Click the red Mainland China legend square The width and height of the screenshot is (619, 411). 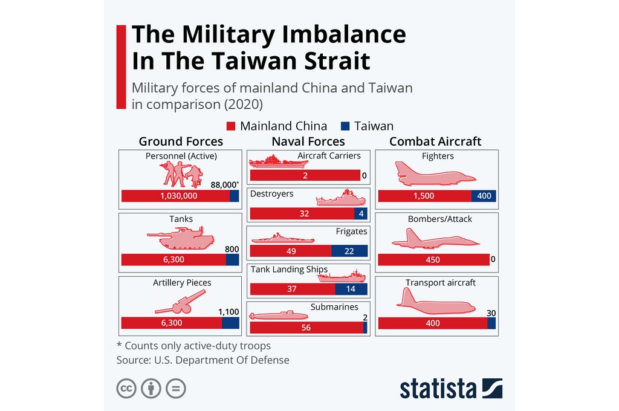230,126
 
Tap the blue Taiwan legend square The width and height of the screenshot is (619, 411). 345,126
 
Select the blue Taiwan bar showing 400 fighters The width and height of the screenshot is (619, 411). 484,196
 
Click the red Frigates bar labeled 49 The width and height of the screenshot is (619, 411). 291,251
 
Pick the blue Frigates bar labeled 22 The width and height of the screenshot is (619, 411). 349,251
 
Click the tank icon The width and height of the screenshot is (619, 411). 181,238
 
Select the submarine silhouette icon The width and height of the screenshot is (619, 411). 279,316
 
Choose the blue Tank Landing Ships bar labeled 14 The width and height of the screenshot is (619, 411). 351,289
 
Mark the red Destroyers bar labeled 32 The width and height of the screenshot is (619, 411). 302,213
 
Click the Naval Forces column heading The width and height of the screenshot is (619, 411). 308,141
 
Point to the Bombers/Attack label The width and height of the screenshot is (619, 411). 440,219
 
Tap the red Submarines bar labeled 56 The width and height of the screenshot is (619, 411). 306,328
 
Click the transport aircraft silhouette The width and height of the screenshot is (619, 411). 436,301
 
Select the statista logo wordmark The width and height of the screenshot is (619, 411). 438,389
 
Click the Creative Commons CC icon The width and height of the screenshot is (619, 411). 126,389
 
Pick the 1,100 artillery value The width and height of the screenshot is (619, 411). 228,312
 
